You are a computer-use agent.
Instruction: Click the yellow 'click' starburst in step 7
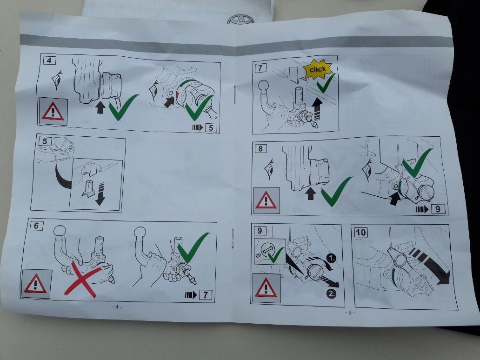click(x=318, y=69)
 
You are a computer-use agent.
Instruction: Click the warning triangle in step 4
click(x=53, y=111)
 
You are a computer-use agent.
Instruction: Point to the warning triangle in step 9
click(x=266, y=288)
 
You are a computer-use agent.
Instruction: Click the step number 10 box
click(x=360, y=233)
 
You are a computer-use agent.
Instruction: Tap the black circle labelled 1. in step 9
click(x=331, y=259)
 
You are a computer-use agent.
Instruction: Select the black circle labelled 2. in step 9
click(x=332, y=294)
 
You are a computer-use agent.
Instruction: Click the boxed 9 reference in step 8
click(x=438, y=209)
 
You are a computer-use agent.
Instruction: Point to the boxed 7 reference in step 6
click(x=206, y=295)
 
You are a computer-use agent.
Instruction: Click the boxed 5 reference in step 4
click(x=211, y=127)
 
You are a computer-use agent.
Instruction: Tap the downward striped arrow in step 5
click(x=100, y=194)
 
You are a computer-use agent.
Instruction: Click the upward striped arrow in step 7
click(x=317, y=109)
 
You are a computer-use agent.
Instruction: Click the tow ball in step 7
click(x=264, y=85)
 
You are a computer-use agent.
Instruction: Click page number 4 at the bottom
click(x=117, y=307)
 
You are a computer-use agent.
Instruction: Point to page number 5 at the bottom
click(x=350, y=313)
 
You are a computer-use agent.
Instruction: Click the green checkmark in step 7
click(x=326, y=83)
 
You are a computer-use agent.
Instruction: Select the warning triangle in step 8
click(x=266, y=200)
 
